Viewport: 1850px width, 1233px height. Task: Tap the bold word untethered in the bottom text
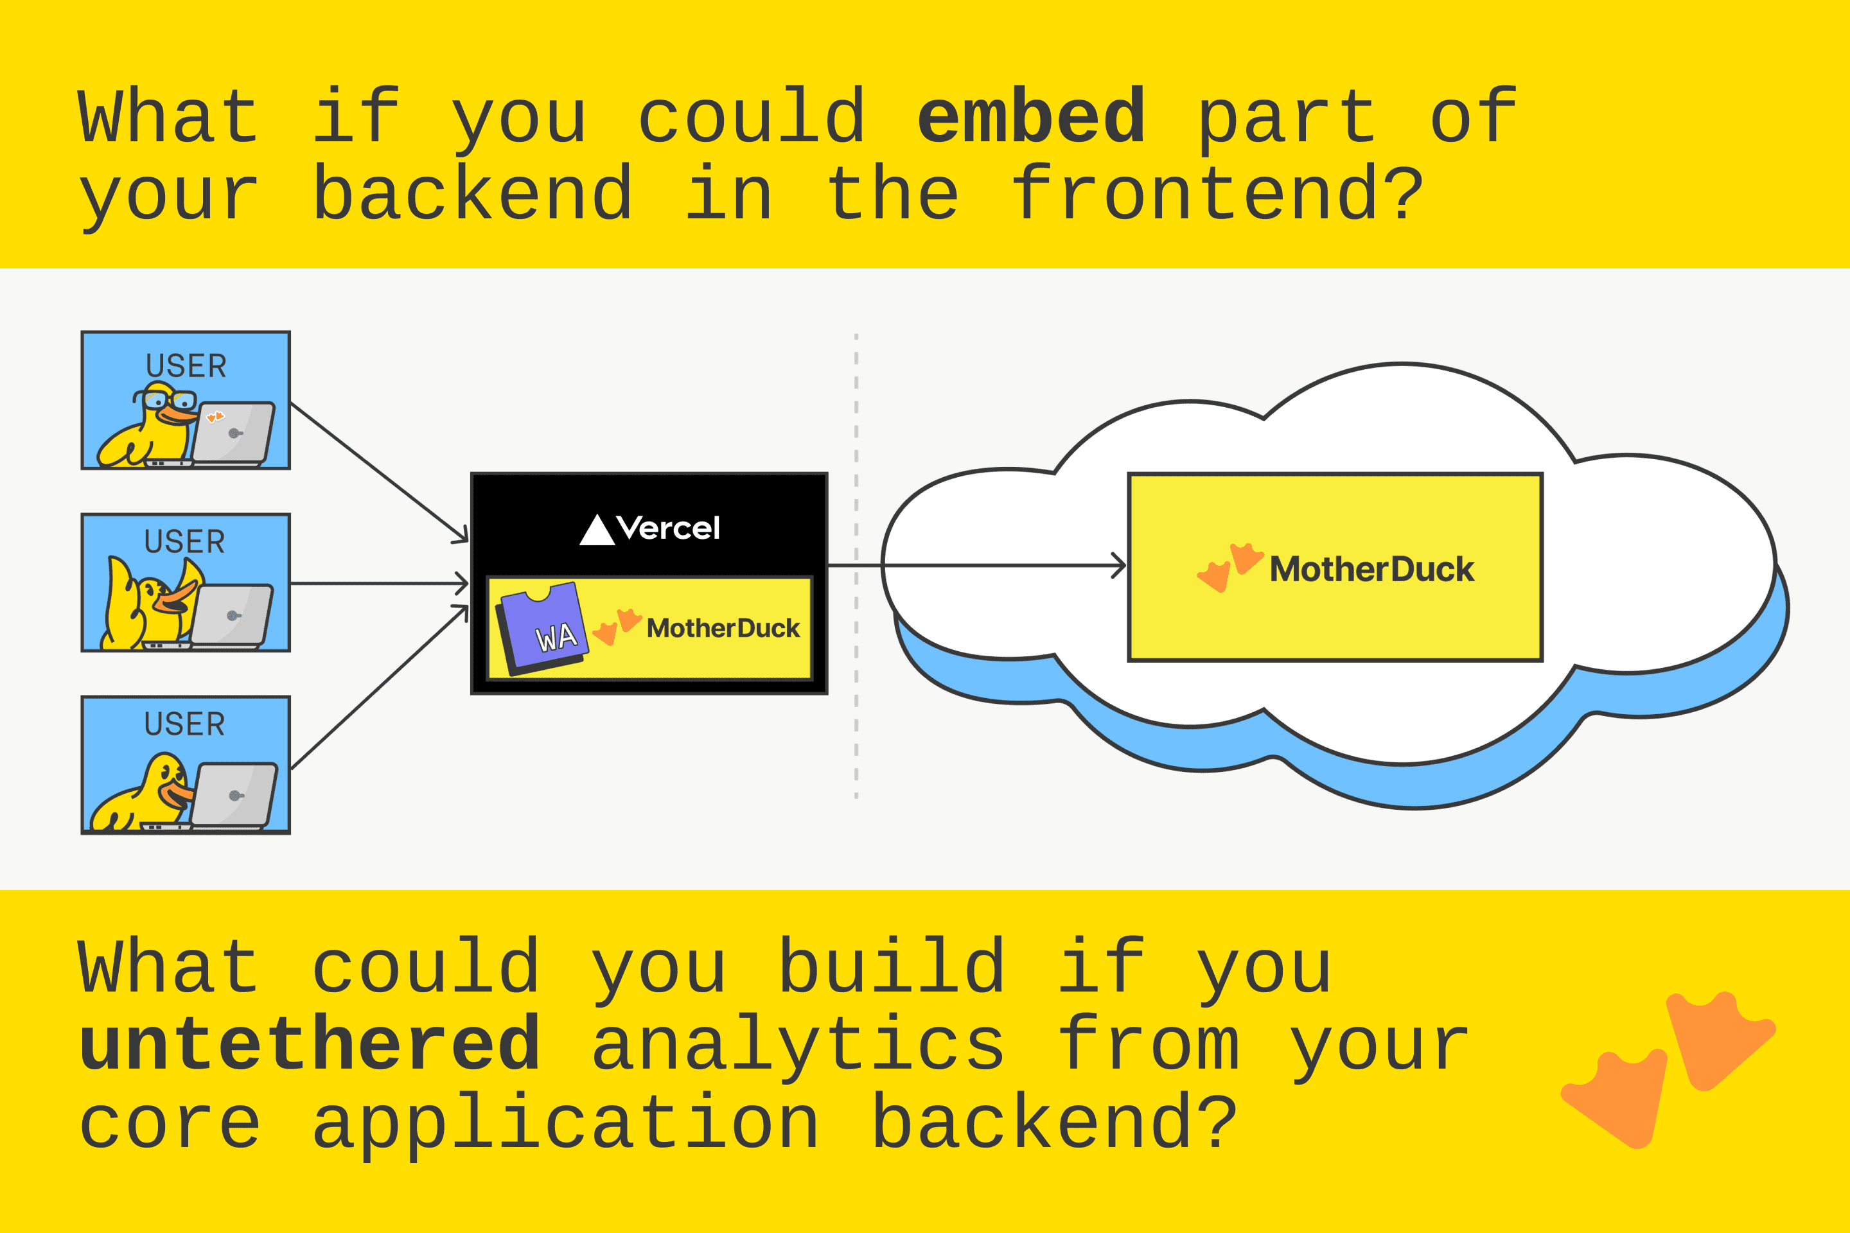310,1044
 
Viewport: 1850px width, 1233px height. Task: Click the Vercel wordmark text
669,529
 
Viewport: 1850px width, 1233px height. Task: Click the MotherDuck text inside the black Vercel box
723,628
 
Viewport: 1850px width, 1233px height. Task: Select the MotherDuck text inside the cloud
1372,570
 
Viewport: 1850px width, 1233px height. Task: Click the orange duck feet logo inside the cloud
1230,567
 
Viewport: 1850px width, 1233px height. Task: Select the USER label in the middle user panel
185,542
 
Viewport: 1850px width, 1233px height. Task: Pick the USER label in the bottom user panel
185,724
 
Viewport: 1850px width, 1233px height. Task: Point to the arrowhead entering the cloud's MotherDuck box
1118,565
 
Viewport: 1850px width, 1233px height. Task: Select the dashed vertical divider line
856,566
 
